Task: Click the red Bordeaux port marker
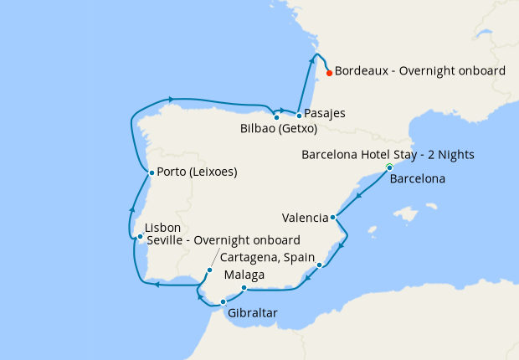330,73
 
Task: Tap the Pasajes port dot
299,114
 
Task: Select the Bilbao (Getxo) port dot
276,117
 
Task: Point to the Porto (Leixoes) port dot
151,173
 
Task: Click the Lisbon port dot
140,237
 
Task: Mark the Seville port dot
209,270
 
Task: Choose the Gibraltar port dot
223,301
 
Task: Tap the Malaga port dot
244,289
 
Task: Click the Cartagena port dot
320,265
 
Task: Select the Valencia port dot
334,218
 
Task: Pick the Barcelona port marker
389,168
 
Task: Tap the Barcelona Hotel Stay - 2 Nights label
388,155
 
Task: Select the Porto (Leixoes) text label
198,173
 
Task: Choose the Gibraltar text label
252,314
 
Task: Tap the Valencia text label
305,218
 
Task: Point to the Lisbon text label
162,228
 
